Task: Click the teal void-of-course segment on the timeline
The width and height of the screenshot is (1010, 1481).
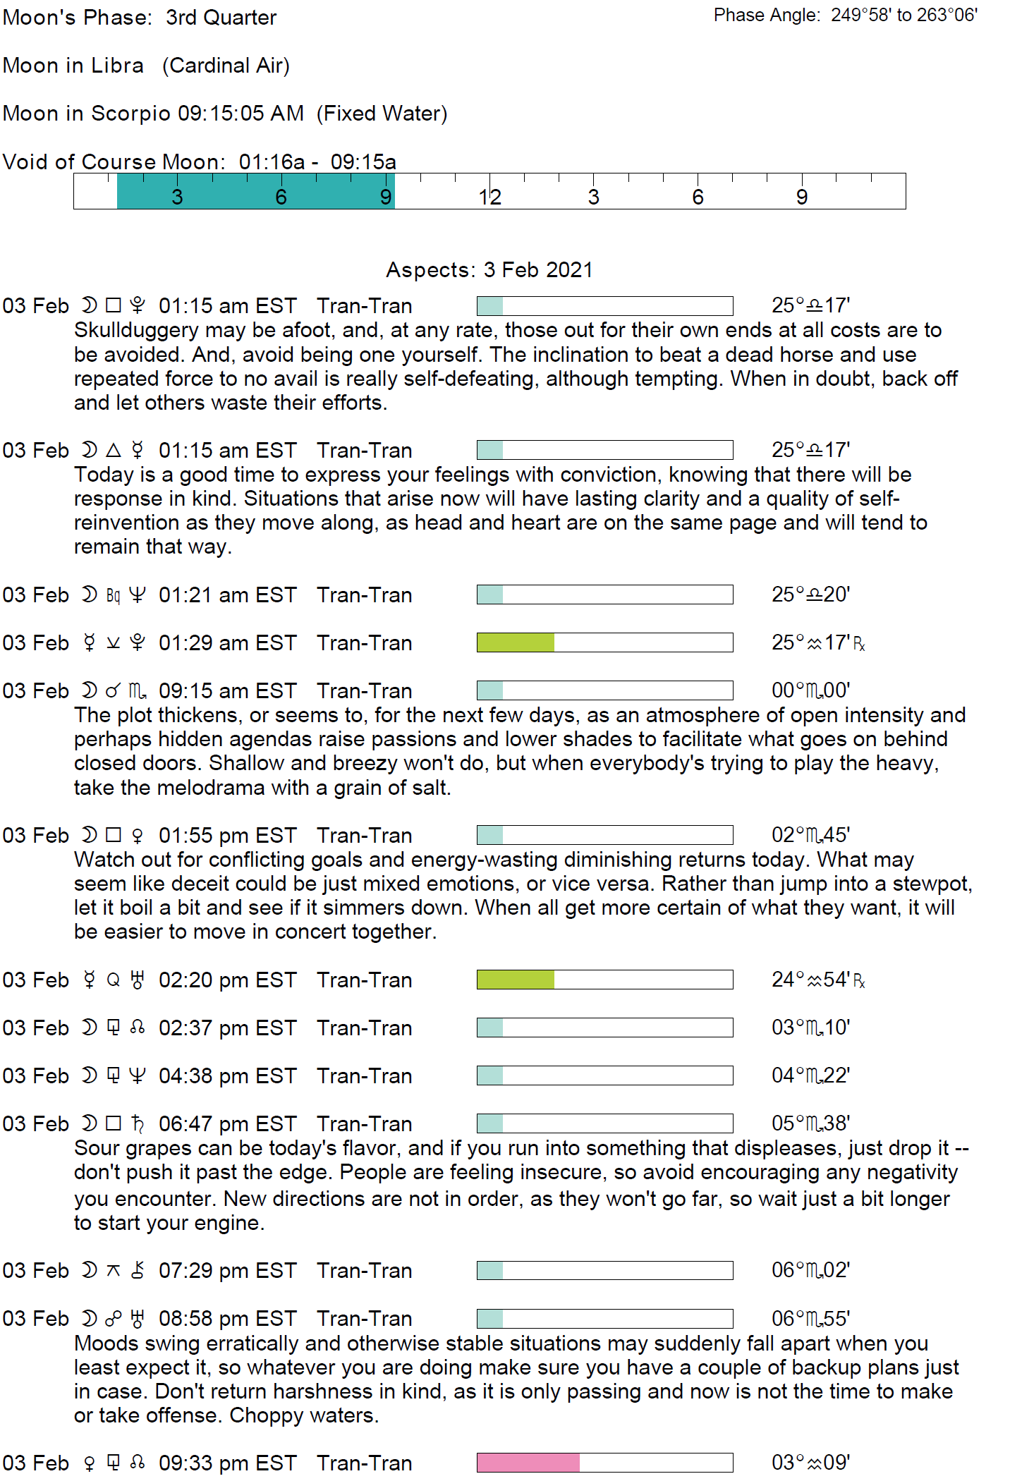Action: point(255,191)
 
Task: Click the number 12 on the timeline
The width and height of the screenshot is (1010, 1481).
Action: point(489,197)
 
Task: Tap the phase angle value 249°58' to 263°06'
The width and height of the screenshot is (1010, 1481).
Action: point(903,15)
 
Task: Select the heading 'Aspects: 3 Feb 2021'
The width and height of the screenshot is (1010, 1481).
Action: point(489,269)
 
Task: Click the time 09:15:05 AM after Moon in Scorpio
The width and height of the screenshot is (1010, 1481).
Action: point(241,113)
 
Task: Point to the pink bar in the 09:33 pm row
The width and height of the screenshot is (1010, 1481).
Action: point(528,1463)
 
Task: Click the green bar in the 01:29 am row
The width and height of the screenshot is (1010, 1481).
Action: point(515,642)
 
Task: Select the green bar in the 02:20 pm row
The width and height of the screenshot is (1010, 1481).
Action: point(515,980)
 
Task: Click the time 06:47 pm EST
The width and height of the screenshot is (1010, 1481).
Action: point(227,1123)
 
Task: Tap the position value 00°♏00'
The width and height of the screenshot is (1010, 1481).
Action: point(810,690)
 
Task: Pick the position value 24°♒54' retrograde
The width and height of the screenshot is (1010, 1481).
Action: point(817,980)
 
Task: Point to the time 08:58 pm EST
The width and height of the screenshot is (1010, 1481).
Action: point(227,1318)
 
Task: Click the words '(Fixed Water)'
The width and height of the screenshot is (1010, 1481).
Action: point(382,113)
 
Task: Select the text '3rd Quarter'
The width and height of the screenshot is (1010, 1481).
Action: point(221,17)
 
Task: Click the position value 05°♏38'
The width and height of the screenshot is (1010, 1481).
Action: point(810,1123)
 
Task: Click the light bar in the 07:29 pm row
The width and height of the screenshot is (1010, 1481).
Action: point(489,1270)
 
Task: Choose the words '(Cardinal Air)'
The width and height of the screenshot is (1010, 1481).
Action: point(226,65)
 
